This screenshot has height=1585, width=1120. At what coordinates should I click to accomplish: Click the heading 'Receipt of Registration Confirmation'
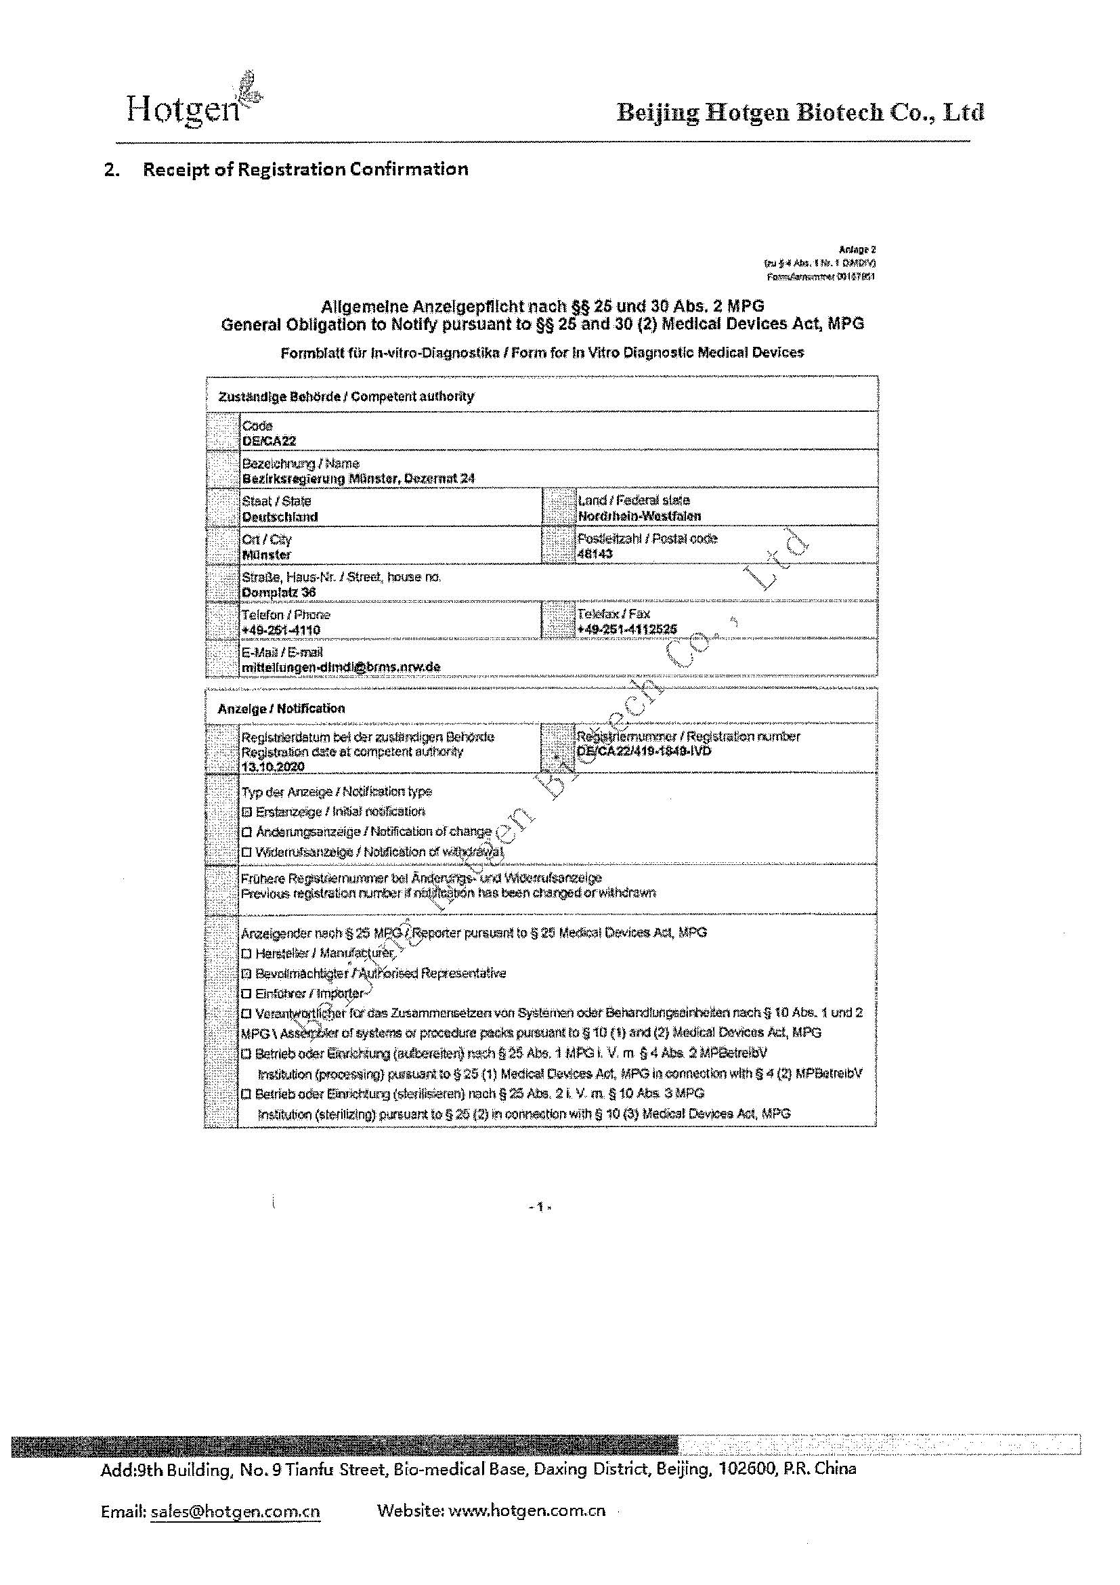click(305, 169)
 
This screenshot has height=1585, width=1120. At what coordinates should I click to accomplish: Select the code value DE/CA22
click(269, 441)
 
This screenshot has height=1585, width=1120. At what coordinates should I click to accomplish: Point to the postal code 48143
click(595, 553)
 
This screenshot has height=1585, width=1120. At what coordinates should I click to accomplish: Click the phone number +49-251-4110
click(281, 629)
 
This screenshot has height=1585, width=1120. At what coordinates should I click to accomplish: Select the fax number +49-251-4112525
click(627, 629)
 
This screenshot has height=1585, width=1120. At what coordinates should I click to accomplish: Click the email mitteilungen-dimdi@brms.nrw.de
click(341, 668)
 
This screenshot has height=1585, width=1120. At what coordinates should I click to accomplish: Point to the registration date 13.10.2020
click(273, 767)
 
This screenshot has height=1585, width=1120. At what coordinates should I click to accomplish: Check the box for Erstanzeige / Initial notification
click(246, 812)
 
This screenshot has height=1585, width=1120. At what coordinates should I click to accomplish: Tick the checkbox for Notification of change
click(246, 832)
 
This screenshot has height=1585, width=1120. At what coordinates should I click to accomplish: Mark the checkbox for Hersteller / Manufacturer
click(246, 953)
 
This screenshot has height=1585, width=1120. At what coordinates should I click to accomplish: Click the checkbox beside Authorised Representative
click(246, 973)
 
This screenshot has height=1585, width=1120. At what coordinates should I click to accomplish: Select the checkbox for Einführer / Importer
click(246, 994)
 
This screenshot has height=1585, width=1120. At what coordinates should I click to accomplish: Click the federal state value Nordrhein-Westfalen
click(640, 515)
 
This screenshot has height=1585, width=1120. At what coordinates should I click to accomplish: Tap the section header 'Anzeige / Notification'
click(282, 709)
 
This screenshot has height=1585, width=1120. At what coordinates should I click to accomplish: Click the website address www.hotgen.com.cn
click(527, 1510)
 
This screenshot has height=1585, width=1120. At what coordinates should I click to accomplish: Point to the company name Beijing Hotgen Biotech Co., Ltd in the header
click(800, 112)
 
